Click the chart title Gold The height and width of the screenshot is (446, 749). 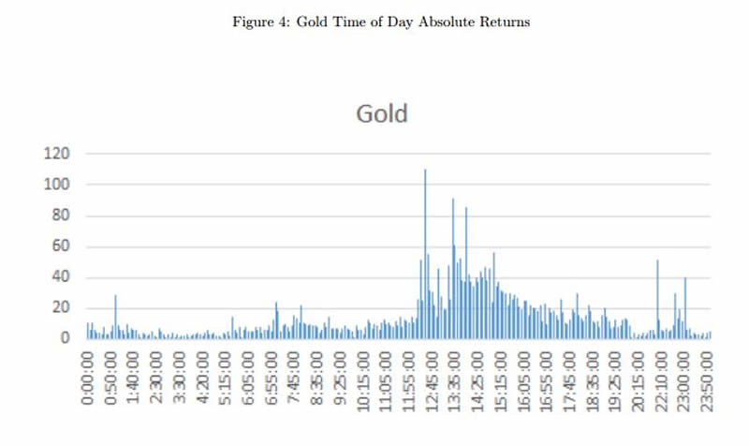pos(382,114)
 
